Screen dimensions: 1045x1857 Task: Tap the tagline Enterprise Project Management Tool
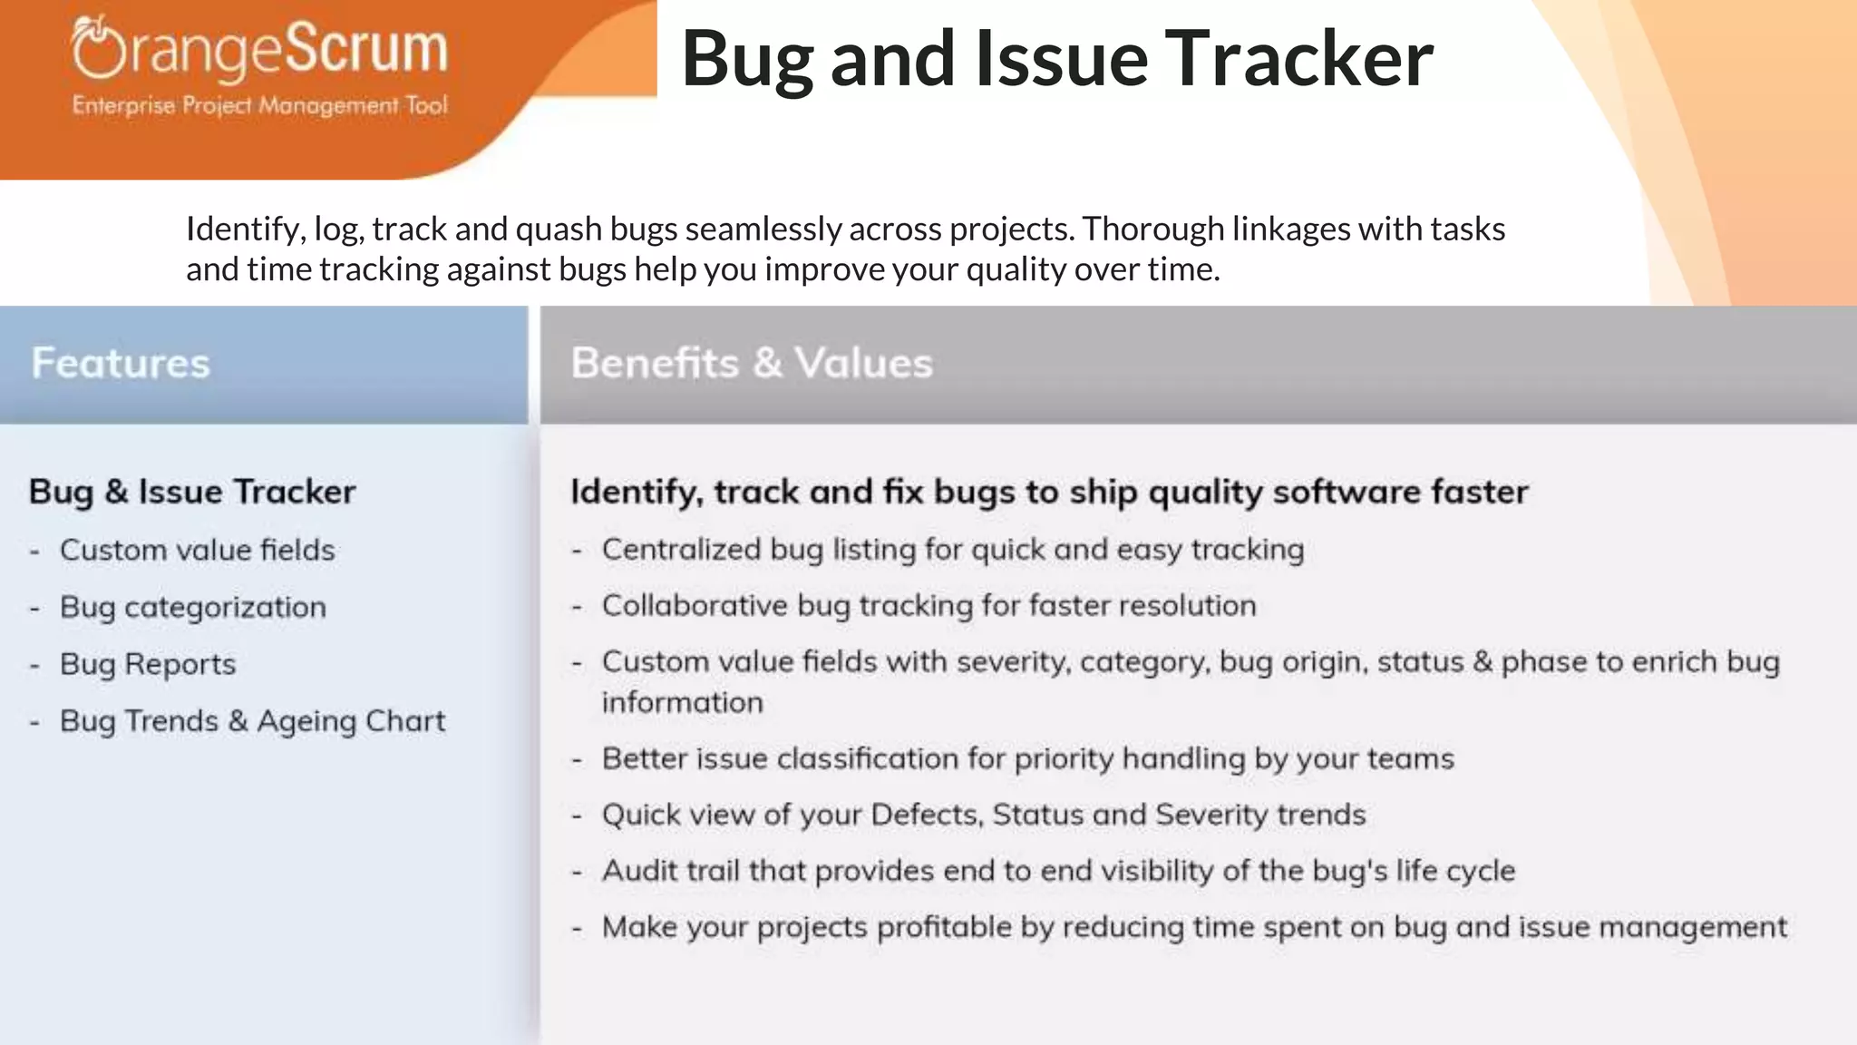(259, 106)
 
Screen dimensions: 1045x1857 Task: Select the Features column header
(121, 363)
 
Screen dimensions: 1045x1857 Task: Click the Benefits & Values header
(752, 363)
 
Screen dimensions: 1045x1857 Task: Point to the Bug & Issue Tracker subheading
(192, 492)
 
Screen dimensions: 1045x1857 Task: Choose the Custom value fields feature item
(197, 550)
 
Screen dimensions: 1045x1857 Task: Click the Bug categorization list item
(192, 607)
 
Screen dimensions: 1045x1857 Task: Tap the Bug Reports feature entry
(148, 664)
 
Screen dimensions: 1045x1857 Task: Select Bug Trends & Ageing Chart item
(252, 721)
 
